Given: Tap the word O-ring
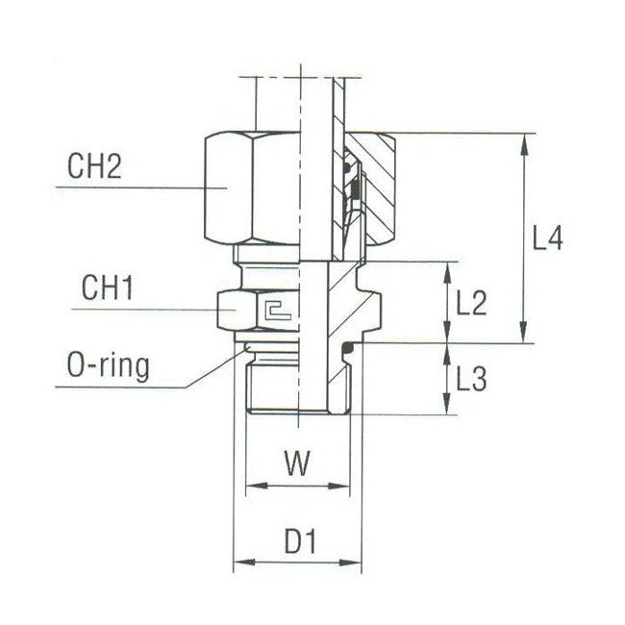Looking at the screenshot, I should [x=108, y=366].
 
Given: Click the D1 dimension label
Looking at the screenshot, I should [x=300, y=543].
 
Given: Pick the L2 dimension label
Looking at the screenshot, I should [x=471, y=304].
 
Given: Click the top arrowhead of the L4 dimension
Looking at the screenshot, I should [x=524, y=140].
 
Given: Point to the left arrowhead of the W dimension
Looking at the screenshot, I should [x=252, y=487].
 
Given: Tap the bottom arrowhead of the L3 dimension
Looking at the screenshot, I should [x=447, y=408].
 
